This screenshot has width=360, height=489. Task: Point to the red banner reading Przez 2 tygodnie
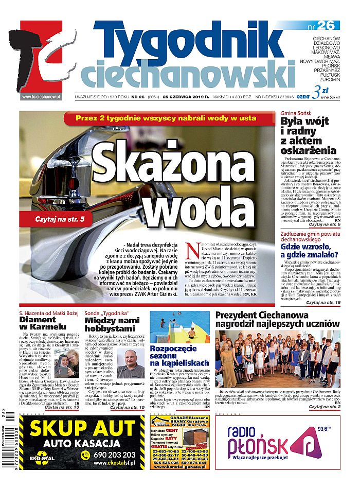[168, 118]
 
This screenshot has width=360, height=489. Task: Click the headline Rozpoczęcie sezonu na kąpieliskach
[178, 356]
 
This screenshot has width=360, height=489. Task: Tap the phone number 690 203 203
[114, 455]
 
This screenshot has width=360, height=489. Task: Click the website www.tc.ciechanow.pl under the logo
[41, 96]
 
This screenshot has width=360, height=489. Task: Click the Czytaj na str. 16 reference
[323, 303]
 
